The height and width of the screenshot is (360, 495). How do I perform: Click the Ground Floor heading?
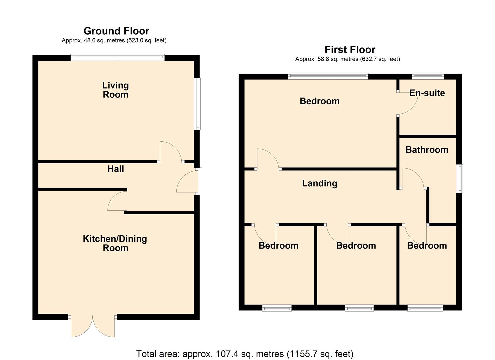[x=116, y=31]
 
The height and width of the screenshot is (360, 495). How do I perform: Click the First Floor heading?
[x=350, y=50]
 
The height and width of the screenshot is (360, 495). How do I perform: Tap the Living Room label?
[x=115, y=90]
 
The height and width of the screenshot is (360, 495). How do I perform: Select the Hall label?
[x=115, y=169]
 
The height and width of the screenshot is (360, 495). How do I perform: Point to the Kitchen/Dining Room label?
[x=115, y=243]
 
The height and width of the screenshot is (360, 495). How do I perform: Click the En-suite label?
[x=427, y=93]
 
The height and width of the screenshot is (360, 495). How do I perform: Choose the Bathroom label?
[x=427, y=150]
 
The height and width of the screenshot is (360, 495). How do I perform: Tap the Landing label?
[x=319, y=183]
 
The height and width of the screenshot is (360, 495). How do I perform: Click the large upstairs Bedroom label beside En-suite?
[x=319, y=101]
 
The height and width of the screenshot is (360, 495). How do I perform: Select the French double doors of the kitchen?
[x=93, y=326]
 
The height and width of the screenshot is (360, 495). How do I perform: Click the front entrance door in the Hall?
[x=187, y=182]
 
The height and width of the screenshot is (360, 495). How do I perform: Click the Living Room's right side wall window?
[x=198, y=104]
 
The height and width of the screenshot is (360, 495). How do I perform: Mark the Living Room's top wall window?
[x=117, y=58]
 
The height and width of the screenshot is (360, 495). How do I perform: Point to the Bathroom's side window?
[x=460, y=178]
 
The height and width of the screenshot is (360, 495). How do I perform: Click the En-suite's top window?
[x=428, y=76]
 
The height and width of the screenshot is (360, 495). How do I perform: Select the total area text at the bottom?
[x=245, y=354]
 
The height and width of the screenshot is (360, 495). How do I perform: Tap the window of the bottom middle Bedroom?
[x=359, y=308]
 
